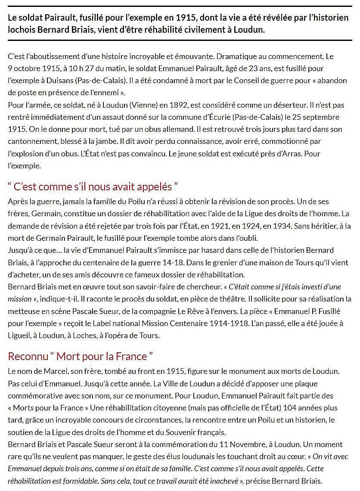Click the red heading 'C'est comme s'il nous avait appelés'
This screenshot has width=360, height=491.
[93, 187]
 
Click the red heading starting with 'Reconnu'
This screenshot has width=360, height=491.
[81, 356]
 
